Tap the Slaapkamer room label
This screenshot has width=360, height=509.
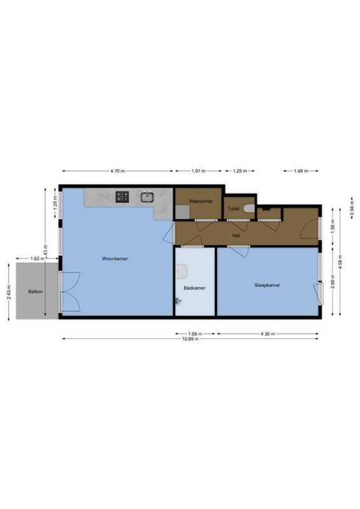[267, 285]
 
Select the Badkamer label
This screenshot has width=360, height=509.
[195, 288]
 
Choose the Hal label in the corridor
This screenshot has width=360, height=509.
[236, 235]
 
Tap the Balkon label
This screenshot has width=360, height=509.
[35, 291]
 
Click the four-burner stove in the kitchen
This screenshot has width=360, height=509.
[123, 197]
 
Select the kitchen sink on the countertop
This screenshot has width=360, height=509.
[147, 197]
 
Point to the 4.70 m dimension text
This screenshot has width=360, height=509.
[117, 171]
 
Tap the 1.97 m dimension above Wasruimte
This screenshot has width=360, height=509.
[198, 171]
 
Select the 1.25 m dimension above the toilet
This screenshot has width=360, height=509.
[239, 171]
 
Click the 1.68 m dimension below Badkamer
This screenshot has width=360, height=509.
[195, 333]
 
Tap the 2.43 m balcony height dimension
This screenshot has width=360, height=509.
[9, 292]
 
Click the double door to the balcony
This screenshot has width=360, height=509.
[69, 289]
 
